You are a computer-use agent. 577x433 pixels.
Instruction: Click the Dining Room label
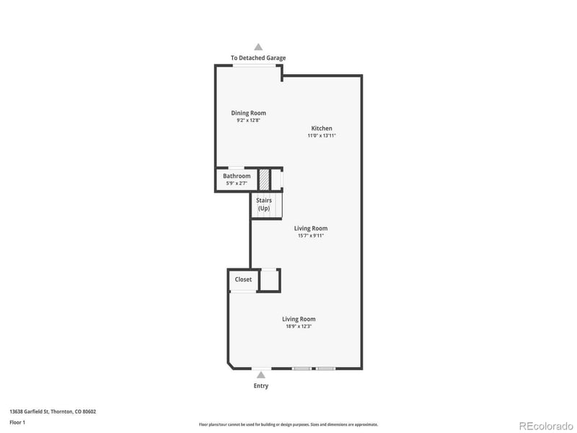[248, 113]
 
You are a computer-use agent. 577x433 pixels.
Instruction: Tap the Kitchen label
[322, 128]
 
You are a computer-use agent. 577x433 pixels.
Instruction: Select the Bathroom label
[237, 176]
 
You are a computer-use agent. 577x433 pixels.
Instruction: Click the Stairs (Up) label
[264, 204]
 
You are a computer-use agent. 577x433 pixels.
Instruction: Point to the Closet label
[243, 279]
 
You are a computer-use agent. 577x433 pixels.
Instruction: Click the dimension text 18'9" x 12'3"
[299, 326]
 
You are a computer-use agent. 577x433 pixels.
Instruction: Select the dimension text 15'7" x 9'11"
[312, 235]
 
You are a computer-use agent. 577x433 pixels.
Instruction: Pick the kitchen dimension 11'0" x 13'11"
[322, 136]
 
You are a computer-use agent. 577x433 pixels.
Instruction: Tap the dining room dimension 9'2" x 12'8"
[248, 121]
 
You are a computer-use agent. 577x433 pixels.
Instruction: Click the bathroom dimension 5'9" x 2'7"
[237, 183]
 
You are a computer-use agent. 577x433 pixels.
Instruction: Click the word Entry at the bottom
[260, 386]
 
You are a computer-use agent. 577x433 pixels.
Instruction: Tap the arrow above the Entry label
[260, 375]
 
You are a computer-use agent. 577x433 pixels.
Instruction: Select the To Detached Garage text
[258, 58]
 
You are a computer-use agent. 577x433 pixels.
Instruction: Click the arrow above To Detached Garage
[258, 46]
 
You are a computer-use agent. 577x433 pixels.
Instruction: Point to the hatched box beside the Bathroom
[264, 178]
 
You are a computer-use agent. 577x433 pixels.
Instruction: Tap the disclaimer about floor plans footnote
[288, 424]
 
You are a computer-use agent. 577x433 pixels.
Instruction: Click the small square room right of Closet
[269, 280]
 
